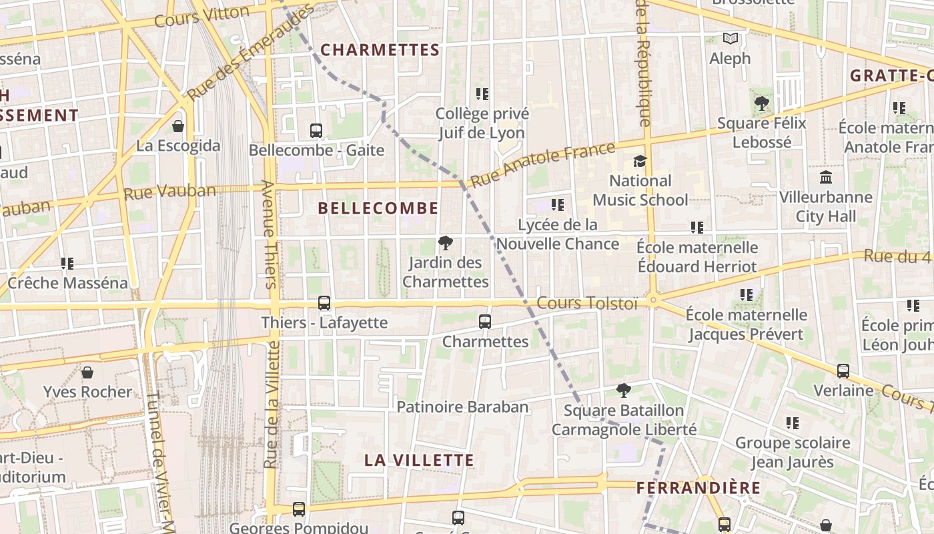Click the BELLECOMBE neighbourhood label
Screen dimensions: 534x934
pyautogui.click(x=378, y=208)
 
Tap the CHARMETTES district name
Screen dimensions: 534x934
pyautogui.click(x=380, y=50)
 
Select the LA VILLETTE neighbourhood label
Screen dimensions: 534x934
pyautogui.click(x=420, y=460)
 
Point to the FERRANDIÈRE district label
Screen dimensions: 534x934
pyautogui.click(x=698, y=488)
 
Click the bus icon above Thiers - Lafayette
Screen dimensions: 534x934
pyautogui.click(x=324, y=303)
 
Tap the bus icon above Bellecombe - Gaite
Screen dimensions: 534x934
pyautogui.click(x=316, y=131)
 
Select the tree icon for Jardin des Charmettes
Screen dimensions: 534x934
pyautogui.click(x=445, y=243)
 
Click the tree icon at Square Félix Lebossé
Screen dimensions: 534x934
pyautogui.click(x=761, y=103)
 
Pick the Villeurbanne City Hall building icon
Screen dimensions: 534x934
pyautogui.click(x=826, y=178)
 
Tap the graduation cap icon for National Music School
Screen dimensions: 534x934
pyautogui.click(x=640, y=161)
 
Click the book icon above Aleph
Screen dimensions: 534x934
pyautogui.click(x=731, y=39)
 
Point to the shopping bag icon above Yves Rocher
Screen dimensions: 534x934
pyautogui.click(x=87, y=372)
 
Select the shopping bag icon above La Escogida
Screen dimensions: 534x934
pyautogui.click(x=178, y=125)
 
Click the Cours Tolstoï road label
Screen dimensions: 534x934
pyautogui.click(x=587, y=304)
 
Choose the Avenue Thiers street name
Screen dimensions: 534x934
pyautogui.click(x=268, y=234)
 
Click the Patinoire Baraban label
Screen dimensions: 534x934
pyautogui.click(x=462, y=407)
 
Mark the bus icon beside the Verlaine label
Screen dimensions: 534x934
pyautogui.click(x=843, y=370)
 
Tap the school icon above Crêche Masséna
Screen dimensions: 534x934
pyautogui.click(x=67, y=264)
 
